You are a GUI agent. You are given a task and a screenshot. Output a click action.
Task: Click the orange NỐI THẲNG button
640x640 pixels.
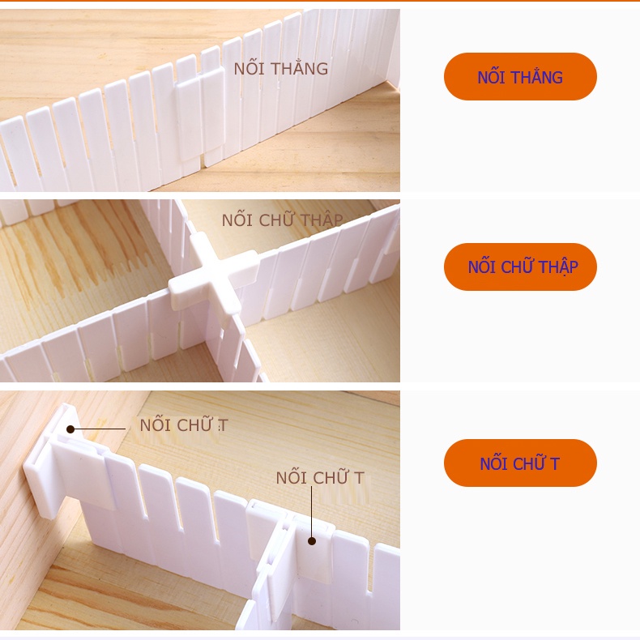click(x=520, y=77)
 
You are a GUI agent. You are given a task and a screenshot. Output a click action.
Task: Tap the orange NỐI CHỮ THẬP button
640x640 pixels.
click(x=520, y=267)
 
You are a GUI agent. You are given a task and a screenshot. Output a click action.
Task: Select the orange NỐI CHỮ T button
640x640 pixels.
click(x=520, y=463)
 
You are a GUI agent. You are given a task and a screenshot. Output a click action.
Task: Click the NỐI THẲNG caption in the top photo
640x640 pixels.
click(x=281, y=69)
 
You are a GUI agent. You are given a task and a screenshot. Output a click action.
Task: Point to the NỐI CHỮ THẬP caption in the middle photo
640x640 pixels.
click(x=282, y=220)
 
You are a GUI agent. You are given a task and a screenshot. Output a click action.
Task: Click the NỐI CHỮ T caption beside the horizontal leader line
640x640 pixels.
click(x=184, y=425)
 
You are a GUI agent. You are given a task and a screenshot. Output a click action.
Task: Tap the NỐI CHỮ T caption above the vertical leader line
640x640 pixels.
click(x=320, y=478)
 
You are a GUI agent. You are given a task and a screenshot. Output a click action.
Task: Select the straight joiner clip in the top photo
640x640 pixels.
click(x=201, y=113)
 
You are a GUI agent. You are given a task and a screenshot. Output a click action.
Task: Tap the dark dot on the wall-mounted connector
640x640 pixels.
click(x=70, y=429)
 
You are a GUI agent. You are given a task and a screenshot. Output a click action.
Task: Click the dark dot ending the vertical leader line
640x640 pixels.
click(x=312, y=539)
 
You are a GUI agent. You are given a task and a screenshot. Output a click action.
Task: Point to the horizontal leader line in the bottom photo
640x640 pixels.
click(x=101, y=429)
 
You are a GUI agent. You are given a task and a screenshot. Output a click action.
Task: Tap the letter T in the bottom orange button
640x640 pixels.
click(x=555, y=463)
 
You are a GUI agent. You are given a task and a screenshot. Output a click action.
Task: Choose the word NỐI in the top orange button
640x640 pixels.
click(x=491, y=77)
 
